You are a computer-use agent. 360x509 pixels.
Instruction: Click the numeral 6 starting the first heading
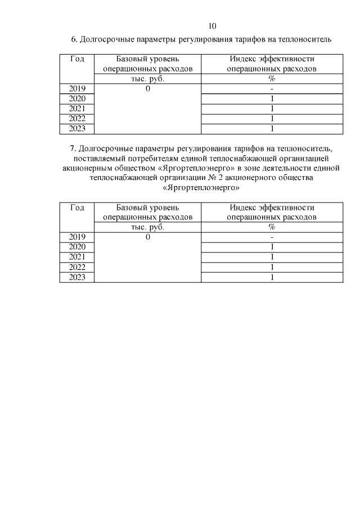73,39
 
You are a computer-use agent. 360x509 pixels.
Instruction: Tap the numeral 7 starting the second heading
73,149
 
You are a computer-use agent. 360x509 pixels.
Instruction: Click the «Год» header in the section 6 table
77,59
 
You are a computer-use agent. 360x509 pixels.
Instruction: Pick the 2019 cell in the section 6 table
77,89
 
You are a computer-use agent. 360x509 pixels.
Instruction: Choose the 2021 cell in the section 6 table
77,109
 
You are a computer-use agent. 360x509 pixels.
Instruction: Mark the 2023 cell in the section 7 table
77,277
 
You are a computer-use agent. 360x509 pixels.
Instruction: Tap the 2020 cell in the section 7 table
77,247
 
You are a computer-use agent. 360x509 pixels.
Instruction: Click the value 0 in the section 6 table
147,89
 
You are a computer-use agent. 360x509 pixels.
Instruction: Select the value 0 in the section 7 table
147,237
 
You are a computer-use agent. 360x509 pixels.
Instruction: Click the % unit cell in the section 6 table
271,79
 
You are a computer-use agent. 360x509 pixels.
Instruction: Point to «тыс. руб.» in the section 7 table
147,227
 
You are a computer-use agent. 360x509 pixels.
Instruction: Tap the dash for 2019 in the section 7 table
271,237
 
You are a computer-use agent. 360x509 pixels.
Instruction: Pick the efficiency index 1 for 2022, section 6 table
271,119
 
